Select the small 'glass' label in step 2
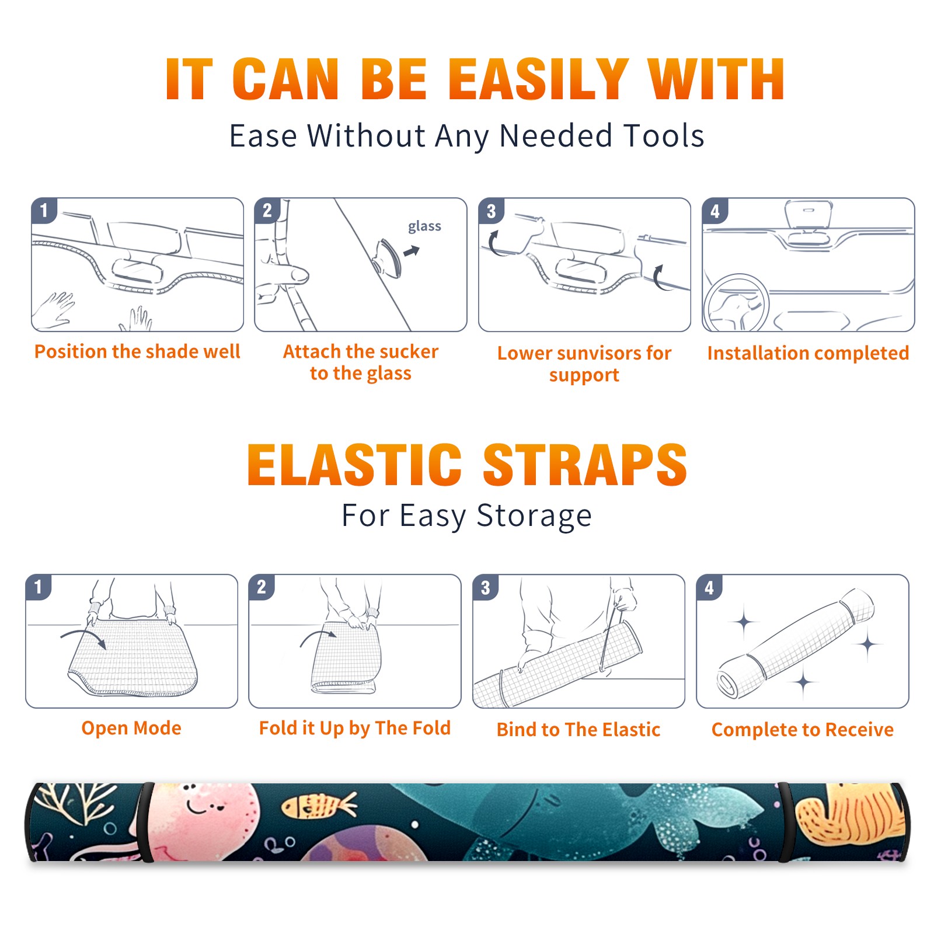click(424, 226)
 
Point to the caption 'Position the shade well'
click(137, 351)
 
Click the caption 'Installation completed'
click(808, 353)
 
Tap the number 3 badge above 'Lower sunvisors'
click(491, 211)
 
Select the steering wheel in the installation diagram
click(736, 304)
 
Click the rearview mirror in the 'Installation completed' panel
click(808, 214)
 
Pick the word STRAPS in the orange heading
click(585, 465)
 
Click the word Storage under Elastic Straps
click(534, 517)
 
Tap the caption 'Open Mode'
click(131, 728)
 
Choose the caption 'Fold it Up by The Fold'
click(355, 729)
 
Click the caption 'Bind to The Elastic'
click(578, 730)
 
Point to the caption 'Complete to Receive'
click(803, 730)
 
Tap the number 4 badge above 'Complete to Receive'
click(709, 587)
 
